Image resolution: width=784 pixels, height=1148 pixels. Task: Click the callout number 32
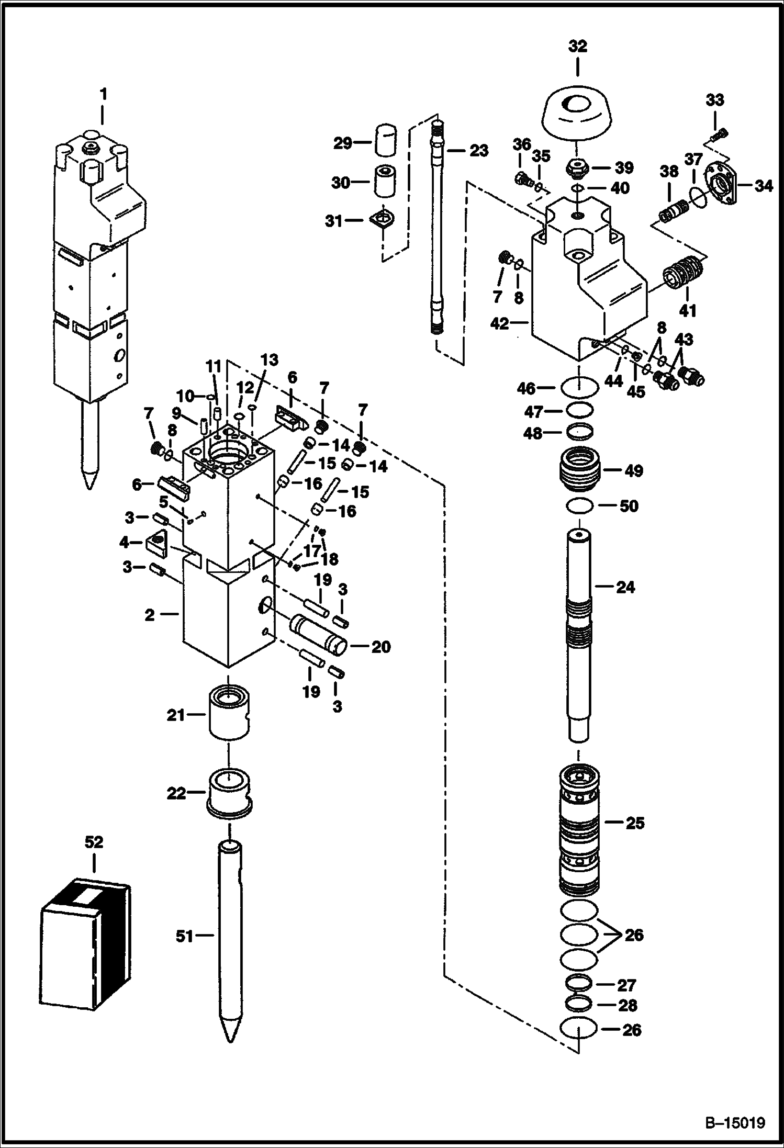point(578,47)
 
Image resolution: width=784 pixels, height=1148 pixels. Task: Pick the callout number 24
point(625,587)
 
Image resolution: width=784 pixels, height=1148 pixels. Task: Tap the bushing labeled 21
point(229,714)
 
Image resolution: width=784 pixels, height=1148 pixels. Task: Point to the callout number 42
point(500,324)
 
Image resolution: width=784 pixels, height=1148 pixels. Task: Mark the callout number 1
point(104,94)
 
